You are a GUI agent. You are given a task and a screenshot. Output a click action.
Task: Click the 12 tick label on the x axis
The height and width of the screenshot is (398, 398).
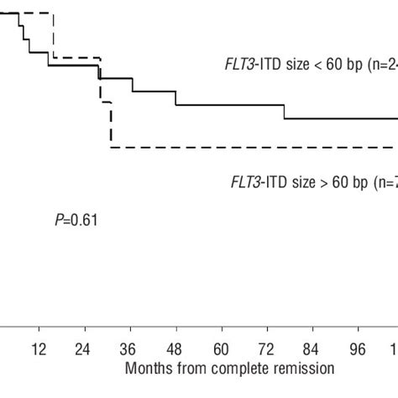coord(38,348)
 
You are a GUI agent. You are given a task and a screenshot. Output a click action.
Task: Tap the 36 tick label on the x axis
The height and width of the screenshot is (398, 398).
coord(129,348)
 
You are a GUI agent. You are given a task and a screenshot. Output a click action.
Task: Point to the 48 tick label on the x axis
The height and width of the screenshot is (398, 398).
coord(175,348)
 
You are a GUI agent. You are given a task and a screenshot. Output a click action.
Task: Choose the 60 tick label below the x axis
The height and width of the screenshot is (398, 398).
coord(221,348)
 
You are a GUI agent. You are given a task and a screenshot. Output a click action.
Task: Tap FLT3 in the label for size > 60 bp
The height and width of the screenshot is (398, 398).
coord(246,181)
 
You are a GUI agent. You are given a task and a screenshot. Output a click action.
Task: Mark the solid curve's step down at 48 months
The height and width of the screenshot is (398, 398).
coord(176,98)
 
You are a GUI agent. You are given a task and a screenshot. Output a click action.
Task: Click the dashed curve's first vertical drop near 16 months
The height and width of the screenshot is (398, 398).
coord(53,35)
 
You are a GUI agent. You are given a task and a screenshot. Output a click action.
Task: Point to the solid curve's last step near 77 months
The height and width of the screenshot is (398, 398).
coord(285,112)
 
